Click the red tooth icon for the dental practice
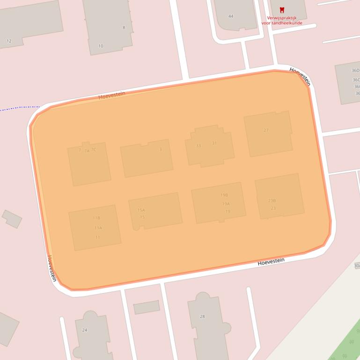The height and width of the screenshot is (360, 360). [x=282, y=9]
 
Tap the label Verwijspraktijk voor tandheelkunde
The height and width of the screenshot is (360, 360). [x=281, y=20]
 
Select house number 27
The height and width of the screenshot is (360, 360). [x=266, y=130]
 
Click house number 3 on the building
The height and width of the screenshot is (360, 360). [x=161, y=150]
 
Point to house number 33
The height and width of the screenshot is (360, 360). [x=198, y=146]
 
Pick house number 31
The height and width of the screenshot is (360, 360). [x=214, y=143]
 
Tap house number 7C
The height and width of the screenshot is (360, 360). [x=94, y=150]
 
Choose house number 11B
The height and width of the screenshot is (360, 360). [x=96, y=218]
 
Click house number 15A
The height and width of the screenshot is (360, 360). [x=141, y=210]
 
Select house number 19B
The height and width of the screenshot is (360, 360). [x=224, y=195]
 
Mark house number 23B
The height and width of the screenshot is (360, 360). [x=272, y=201]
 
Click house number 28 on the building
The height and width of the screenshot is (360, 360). [x=202, y=317]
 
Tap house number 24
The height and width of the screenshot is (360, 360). [x=85, y=330]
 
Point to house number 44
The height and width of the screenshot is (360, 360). [x=231, y=16]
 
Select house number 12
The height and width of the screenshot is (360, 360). [x=9, y=41]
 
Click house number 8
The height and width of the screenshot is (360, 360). [x=124, y=28]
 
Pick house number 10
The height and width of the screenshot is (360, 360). [x=101, y=46]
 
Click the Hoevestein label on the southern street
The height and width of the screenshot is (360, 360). [x=271, y=262]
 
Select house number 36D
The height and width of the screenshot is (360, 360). [x=356, y=71]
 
